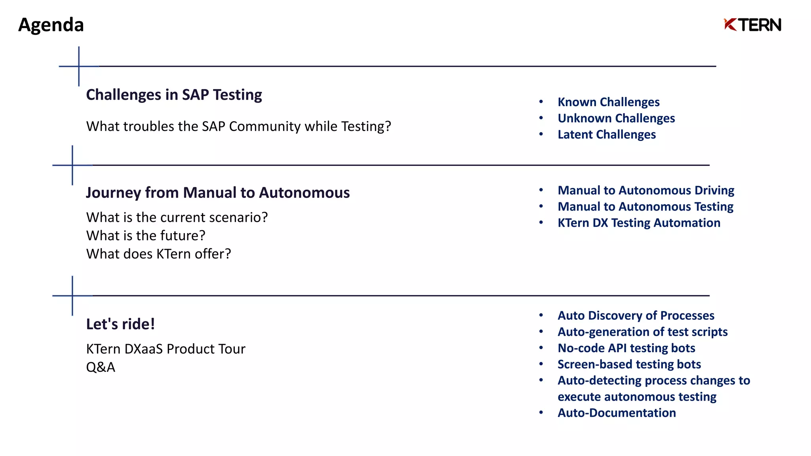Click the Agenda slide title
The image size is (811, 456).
click(x=51, y=25)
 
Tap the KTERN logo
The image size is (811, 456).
click(x=752, y=25)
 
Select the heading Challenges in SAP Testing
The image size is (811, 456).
click(x=174, y=95)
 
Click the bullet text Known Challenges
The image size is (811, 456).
click(x=608, y=102)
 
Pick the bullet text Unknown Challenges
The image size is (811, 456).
click(x=616, y=118)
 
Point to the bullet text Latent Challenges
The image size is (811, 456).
click(x=607, y=135)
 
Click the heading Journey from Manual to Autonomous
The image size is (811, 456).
click(x=218, y=193)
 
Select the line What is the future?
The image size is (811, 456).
click(x=146, y=236)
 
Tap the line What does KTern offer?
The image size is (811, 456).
click(x=158, y=254)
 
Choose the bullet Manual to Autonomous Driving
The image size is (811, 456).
click(x=646, y=190)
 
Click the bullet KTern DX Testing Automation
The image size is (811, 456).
click(x=639, y=223)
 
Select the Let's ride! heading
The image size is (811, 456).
click(x=120, y=324)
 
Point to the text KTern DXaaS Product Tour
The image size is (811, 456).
click(x=166, y=349)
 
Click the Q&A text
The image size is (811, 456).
click(x=101, y=367)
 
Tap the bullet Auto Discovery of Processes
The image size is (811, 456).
click(x=636, y=315)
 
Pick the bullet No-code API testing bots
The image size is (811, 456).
click(x=626, y=348)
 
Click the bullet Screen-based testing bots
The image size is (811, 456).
click(x=629, y=364)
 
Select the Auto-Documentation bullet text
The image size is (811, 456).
click(x=617, y=413)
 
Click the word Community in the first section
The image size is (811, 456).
click(x=265, y=126)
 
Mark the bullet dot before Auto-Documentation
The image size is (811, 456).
click(x=541, y=413)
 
